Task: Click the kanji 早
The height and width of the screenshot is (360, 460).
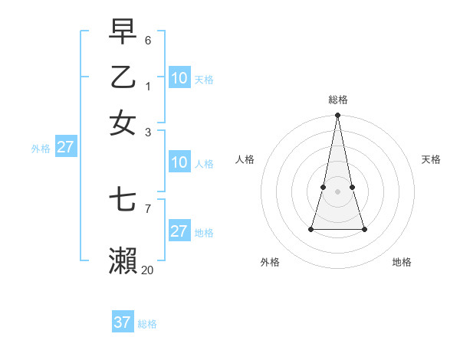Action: (123, 31)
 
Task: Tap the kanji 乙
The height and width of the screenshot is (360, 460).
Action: (123, 77)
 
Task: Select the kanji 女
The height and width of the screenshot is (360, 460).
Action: (123, 123)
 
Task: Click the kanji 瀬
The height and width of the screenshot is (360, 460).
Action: (123, 261)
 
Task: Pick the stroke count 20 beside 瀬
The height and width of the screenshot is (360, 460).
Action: (147, 270)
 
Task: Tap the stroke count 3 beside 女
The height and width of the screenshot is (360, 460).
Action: (148, 132)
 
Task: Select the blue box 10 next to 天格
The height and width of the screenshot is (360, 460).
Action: (179, 77)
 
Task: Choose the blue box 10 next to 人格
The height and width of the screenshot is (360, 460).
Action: (179, 162)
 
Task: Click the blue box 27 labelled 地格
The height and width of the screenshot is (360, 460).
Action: (179, 231)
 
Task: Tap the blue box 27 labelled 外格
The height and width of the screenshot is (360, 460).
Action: (65, 147)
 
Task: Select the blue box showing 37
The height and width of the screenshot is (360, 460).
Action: (123, 322)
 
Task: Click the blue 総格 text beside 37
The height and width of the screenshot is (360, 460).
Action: (147, 324)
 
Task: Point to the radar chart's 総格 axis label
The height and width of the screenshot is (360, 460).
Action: (338, 100)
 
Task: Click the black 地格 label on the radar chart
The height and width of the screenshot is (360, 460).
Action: (402, 262)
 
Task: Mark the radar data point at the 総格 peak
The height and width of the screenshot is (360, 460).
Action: (337, 116)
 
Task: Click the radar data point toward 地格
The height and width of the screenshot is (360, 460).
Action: (364, 229)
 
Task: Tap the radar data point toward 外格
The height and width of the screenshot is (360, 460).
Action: (311, 228)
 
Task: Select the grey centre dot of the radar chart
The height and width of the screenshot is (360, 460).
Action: (337, 191)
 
